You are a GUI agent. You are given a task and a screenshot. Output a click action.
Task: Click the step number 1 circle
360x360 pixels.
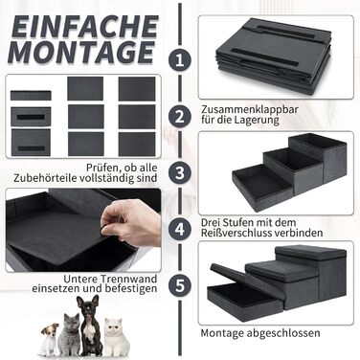[180, 60]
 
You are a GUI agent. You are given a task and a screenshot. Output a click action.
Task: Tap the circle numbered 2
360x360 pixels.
[180, 116]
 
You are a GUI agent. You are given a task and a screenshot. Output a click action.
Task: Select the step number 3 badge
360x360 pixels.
[180, 172]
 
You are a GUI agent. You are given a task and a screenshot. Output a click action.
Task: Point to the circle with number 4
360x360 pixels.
[180, 229]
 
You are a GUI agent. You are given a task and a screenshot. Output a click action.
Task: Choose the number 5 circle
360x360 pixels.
[180, 285]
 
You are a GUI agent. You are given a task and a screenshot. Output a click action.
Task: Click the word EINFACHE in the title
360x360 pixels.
[85, 27]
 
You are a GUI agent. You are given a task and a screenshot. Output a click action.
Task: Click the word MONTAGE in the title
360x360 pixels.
[81, 52]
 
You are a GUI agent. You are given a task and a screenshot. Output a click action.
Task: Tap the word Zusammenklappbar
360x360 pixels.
[250, 109]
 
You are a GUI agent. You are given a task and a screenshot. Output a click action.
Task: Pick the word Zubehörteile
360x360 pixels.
[53, 178]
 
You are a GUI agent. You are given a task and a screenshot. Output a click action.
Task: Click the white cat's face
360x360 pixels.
[114, 327]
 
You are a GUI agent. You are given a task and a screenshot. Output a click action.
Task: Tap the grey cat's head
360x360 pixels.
[72, 323]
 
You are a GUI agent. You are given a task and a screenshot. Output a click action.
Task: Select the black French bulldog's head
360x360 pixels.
[88, 307]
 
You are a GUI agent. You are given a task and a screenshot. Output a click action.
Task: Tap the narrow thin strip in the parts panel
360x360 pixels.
[31, 96]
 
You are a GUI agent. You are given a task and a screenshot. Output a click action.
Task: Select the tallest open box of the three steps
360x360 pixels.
[318, 157]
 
